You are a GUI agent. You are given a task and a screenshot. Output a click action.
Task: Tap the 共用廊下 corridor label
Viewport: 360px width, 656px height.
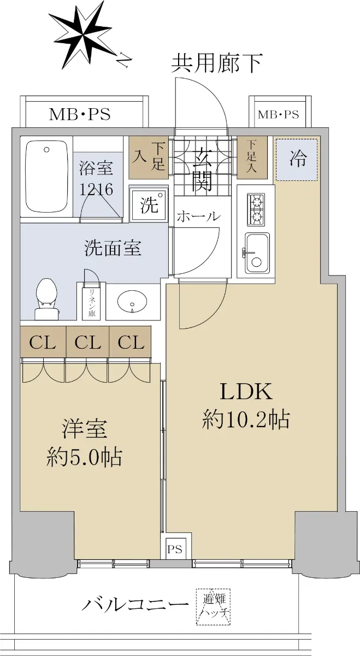(x=216, y=63)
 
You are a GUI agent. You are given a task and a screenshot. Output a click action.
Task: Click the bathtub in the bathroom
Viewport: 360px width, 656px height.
(x=46, y=178)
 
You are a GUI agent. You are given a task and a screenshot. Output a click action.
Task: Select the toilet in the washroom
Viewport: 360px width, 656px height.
(x=46, y=298)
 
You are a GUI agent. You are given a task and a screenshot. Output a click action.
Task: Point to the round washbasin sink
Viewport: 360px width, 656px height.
(x=132, y=301)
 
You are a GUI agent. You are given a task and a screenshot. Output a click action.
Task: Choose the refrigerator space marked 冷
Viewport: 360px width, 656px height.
(x=297, y=159)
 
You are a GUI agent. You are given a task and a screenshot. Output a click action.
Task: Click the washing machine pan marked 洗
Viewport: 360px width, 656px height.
(x=149, y=204)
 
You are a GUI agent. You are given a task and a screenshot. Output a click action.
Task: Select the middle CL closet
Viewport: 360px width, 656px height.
(x=87, y=342)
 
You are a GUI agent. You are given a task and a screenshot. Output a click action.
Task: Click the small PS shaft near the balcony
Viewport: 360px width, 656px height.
(x=175, y=548)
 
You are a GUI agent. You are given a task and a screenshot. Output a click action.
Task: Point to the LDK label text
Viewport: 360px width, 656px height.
(x=246, y=391)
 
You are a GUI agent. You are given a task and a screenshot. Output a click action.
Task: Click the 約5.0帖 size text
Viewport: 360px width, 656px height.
(x=84, y=456)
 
